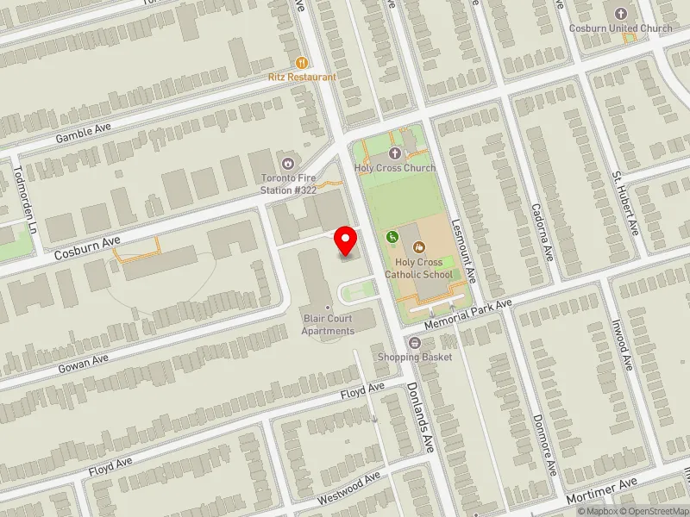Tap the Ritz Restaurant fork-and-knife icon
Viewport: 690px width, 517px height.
pos(301,63)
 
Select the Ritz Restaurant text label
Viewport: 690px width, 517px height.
pos(301,77)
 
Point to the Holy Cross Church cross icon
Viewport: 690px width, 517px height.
pos(395,153)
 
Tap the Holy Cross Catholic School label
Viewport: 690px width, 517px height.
pos(419,268)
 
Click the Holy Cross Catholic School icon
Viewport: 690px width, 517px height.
pos(420,246)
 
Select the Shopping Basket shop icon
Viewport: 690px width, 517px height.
pos(414,343)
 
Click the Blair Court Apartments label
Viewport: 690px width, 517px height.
pos(328,325)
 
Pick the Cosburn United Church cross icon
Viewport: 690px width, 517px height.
pos(620,14)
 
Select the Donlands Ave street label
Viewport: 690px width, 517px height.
pos(420,417)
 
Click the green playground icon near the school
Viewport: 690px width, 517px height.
pos(392,236)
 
